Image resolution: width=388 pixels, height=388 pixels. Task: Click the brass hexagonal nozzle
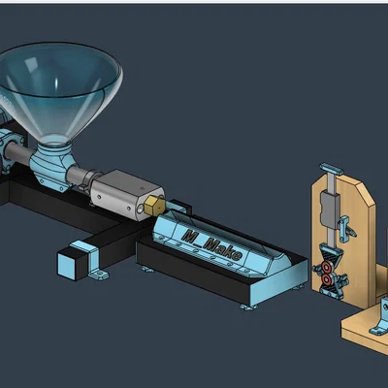pos(153,205)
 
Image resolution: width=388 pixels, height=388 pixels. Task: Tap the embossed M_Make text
pos(212,245)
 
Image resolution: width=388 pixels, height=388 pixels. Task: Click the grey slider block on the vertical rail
pos(329,208)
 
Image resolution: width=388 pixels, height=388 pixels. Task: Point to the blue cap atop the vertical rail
pos(331,169)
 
